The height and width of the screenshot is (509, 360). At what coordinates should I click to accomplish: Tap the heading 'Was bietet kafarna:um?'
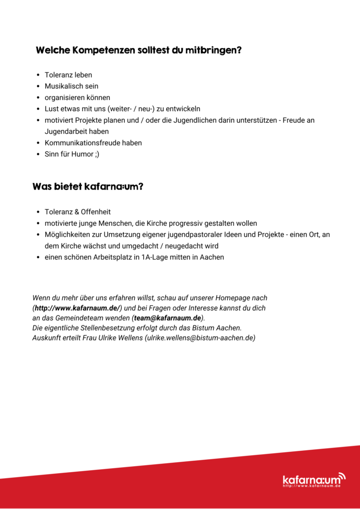tap(88, 187)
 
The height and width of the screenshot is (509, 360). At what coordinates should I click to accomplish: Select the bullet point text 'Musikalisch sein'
tap(72, 86)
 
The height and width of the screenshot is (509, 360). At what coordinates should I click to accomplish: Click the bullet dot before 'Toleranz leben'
tap(38, 75)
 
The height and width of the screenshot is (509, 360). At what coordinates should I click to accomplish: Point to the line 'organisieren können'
tap(78, 97)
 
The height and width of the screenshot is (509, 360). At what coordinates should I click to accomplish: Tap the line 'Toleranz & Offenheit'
tap(78, 212)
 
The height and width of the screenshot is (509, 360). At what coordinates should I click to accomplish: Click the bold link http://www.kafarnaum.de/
tap(78, 308)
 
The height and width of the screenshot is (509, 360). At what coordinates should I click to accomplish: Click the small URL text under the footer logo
tap(312, 486)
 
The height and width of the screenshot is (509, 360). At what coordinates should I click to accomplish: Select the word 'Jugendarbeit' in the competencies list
tap(65, 131)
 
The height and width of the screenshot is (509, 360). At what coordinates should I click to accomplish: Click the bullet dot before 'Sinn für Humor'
tap(38, 154)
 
